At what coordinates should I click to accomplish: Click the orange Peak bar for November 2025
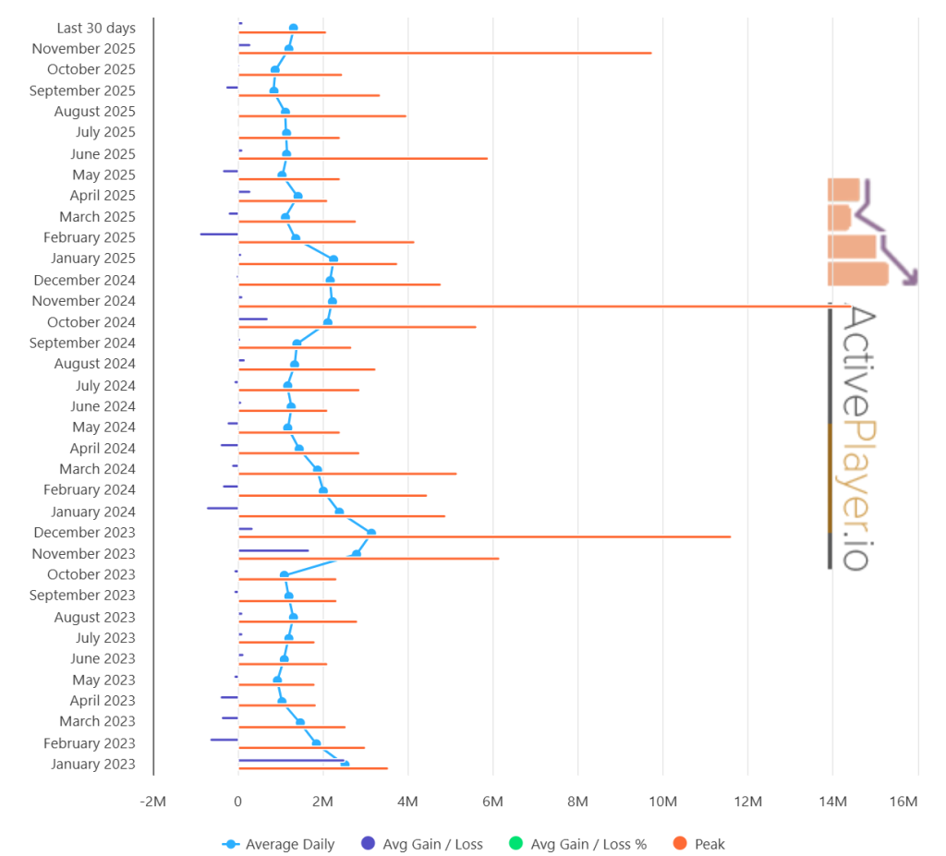(x=443, y=53)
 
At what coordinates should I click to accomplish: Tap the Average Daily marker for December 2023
(x=371, y=532)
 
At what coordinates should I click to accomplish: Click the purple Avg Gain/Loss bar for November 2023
(x=273, y=550)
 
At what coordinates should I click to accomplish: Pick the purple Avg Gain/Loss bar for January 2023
(x=291, y=761)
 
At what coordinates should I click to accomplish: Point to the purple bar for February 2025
(x=219, y=234)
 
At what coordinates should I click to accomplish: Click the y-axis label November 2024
(x=83, y=301)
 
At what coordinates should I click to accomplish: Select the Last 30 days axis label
(x=95, y=28)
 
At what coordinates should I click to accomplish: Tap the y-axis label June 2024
(x=103, y=406)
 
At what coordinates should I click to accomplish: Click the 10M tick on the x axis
(x=662, y=802)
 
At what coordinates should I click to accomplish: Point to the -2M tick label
(x=152, y=802)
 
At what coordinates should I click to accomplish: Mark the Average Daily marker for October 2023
(x=285, y=574)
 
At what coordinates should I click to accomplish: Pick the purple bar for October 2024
(x=253, y=319)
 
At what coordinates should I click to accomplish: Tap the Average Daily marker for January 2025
(x=334, y=259)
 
